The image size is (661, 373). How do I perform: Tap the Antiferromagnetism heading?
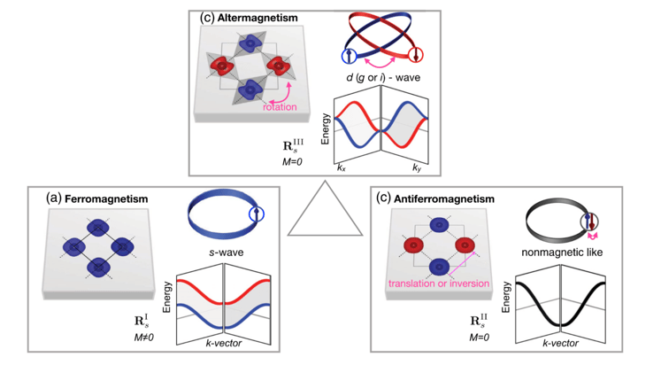tap(441, 198)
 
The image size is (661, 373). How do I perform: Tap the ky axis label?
tap(416, 167)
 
